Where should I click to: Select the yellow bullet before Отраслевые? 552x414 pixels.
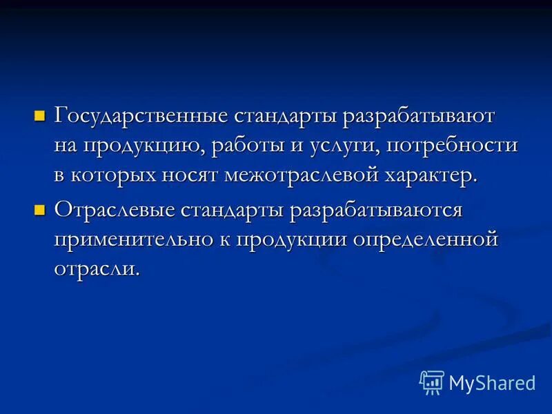tap(39, 208)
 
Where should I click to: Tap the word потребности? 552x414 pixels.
tap(452, 146)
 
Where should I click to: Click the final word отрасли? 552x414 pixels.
tap(97, 268)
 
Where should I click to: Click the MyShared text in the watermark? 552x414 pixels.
tap(492, 382)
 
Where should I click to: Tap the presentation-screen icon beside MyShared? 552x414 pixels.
tap(432, 382)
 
